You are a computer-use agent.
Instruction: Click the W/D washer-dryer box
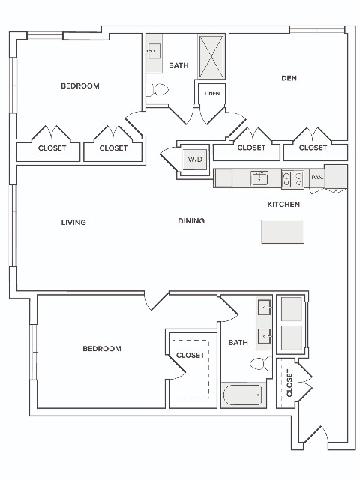pos(195,159)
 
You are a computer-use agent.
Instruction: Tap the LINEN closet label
pos(212,93)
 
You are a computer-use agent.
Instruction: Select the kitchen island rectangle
pos(282,232)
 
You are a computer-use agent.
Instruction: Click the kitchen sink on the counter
pos(259,178)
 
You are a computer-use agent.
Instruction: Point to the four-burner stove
pos(292,179)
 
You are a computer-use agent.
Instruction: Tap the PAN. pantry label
pos(317,178)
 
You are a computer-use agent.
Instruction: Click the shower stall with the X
pos(211,57)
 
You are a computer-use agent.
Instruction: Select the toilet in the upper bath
pos(157,89)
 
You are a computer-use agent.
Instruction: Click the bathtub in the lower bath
pos(243,395)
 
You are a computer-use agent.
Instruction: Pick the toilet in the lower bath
pos(260,363)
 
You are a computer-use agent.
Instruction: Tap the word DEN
pos(289,78)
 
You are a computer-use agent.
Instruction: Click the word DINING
pos(191,220)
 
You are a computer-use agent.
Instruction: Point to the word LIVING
pos(73,223)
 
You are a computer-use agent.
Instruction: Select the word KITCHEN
pos(283,205)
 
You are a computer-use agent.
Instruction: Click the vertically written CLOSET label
pos(289,383)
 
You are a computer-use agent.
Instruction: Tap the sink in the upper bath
pos(154,51)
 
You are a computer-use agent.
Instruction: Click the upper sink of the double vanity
pos(265,307)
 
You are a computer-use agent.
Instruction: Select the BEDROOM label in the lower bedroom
pos(102,348)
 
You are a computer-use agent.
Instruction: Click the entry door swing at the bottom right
pos(315,435)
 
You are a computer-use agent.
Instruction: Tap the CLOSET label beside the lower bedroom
pos(190,355)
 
